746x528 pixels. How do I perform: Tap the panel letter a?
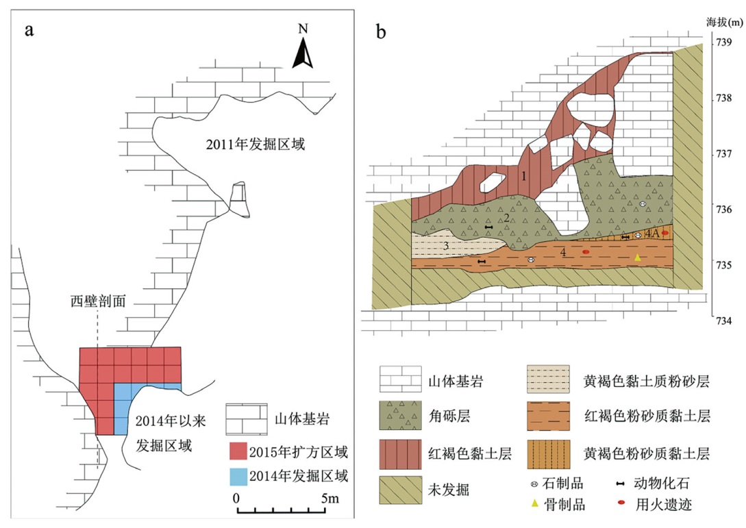pyautogui.click(x=29, y=30)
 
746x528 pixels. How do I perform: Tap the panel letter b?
pyautogui.click(x=382, y=30)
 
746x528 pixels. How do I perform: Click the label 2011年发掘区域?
pyautogui.click(x=255, y=144)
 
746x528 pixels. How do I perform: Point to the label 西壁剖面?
pyautogui.click(x=98, y=301)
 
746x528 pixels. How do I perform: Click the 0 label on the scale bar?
pyautogui.click(x=236, y=498)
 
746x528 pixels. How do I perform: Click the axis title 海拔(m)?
pyautogui.click(x=725, y=22)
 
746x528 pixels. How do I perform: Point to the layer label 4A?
pyautogui.click(x=651, y=234)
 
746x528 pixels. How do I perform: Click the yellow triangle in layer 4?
pyautogui.click(x=637, y=257)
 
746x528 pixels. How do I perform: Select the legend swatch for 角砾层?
pyautogui.click(x=399, y=414)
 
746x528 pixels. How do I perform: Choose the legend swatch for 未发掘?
pyautogui.click(x=399, y=488)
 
